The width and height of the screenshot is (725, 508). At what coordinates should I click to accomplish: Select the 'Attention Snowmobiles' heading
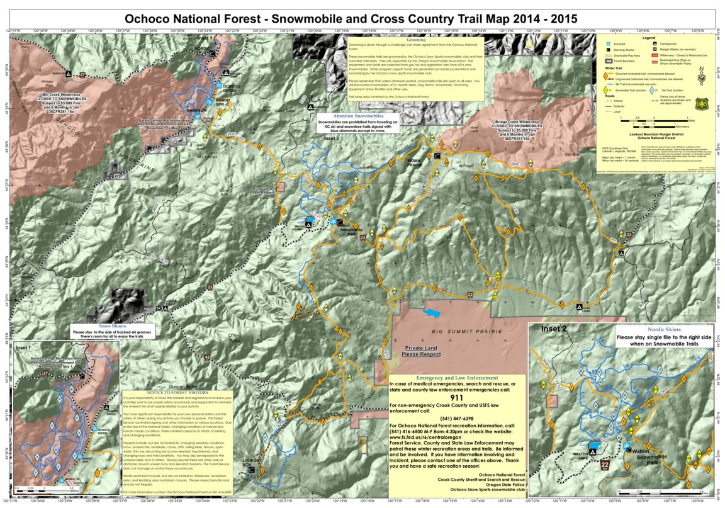coord(358,116)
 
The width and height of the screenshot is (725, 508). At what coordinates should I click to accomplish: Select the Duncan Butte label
coord(184,387)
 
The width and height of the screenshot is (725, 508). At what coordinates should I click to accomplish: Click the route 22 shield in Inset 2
coord(605,465)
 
